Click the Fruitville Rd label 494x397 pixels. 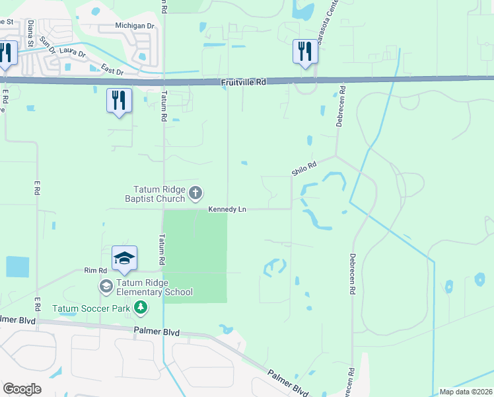coord(243,82)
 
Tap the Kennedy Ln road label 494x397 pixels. coord(227,209)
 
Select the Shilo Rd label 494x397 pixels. coord(304,168)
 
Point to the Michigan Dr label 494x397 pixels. coord(134,26)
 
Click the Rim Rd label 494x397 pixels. coord(95,271)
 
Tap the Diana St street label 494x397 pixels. coord(31,30)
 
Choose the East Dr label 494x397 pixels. coord(113,69)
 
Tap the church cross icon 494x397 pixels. coord(195,193)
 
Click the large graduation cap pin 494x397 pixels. coord(124,258)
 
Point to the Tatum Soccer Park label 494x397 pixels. coord(90,308)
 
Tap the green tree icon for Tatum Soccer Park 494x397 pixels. coord(140,307)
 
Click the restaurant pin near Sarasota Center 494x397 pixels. coord(305,52)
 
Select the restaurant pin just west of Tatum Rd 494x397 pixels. coord(119,101)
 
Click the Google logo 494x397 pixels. coord(22,389)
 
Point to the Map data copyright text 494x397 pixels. coord(465,392)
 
